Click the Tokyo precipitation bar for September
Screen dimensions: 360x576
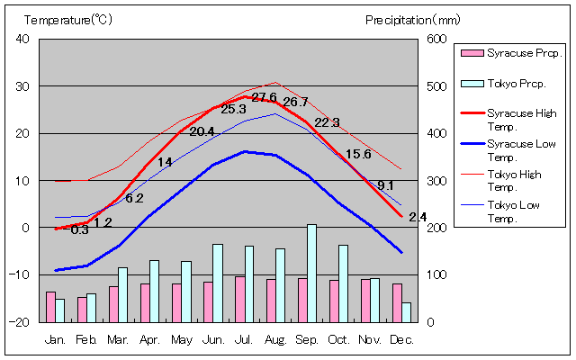tap(311, 273)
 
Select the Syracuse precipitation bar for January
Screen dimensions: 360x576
tap(50, 306)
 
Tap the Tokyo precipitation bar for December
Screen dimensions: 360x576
tap(406, 311)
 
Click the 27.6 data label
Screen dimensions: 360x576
tap(264, 97)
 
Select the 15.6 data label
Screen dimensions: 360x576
tap(358, 154)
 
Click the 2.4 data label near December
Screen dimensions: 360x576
tap(418, 217)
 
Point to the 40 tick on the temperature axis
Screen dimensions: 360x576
tap(22, 39)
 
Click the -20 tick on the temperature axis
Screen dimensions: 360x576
tap(20, 321)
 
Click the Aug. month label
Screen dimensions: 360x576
tap(275, 339)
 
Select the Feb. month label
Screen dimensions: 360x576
tap(86, 339)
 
